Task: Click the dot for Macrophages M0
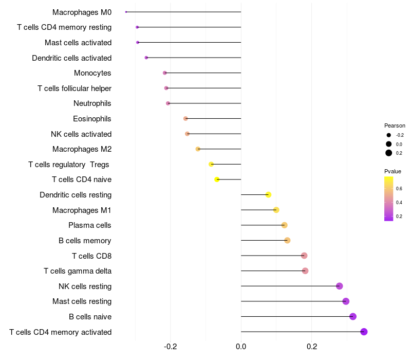pos(126,12)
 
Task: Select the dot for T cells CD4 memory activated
pos(364,332)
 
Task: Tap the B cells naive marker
pos(353,316)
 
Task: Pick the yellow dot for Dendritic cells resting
pos(268,194)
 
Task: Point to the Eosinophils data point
pos(185,119)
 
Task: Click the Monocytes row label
pos(92,73)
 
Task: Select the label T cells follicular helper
pos(74,88)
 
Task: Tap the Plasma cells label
pos(90,225)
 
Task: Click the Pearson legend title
pos(395,125)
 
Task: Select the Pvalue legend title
pos(393,171)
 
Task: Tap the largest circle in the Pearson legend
pos(389,153)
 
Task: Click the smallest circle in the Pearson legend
pos(389,135)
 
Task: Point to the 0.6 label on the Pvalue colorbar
pos(399,189)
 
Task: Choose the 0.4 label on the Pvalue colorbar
pos(399,203)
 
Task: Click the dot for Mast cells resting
pos(346,301)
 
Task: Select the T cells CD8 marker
pos(304,256)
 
